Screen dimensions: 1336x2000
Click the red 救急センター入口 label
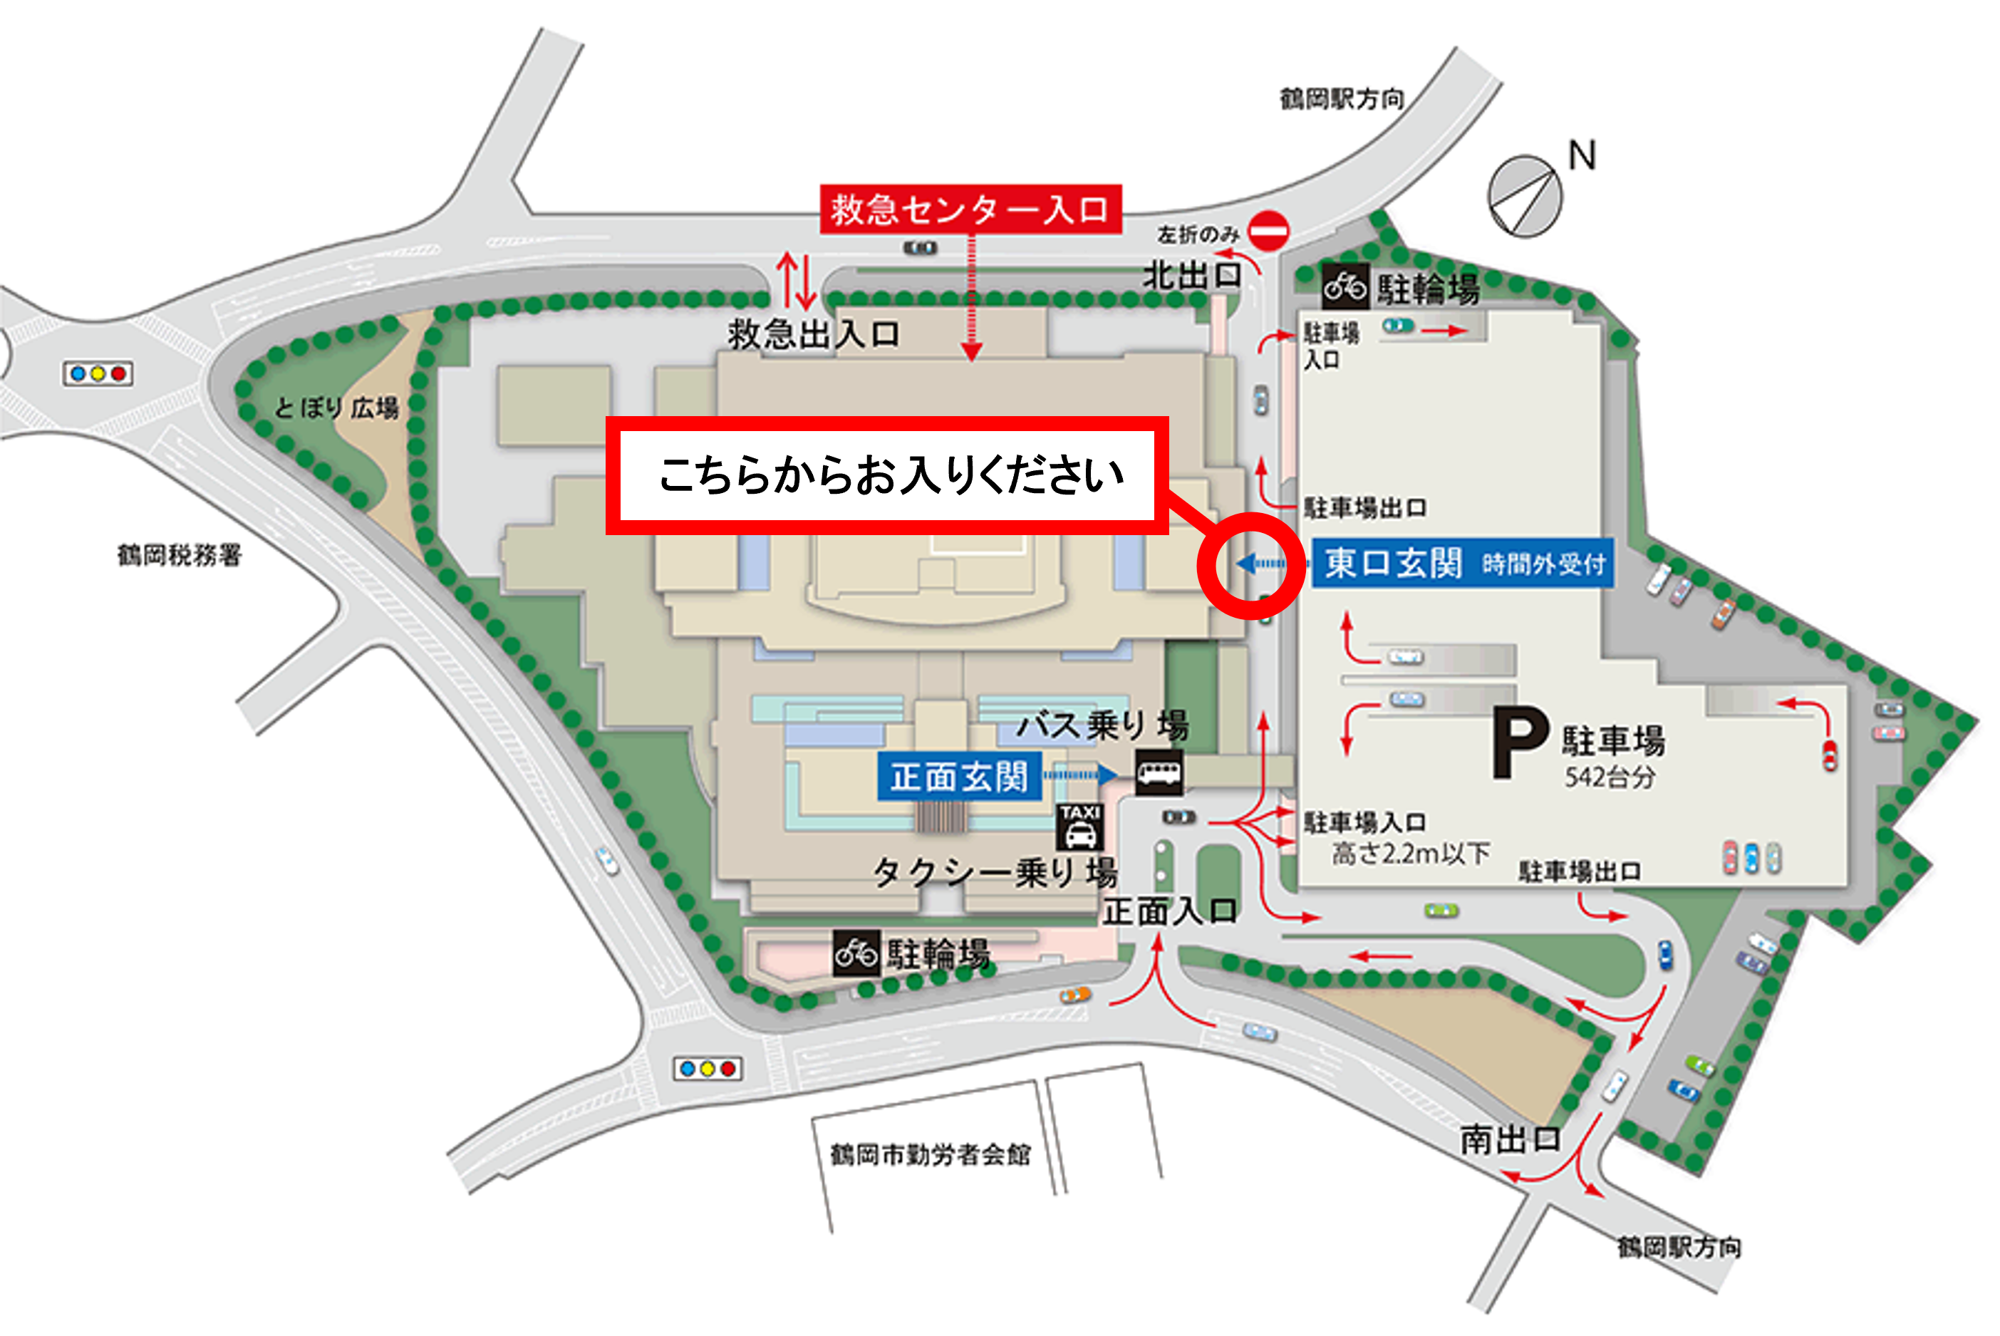point(970,209)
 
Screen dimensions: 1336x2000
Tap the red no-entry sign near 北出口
point(1268,230)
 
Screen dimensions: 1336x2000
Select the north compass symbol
point(1525,197)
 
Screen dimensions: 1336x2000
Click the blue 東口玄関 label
point(1393,563)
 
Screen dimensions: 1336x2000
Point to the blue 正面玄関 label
point(959,776)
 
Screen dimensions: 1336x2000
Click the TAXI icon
point(1080,827)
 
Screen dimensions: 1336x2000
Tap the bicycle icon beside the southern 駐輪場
point(856,953)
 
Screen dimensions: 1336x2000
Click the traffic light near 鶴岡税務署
point(98,373)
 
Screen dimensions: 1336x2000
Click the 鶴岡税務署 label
point(179,556)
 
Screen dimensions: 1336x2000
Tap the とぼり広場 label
point(336,408)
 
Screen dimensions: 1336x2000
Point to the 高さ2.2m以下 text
point(1411,853)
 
